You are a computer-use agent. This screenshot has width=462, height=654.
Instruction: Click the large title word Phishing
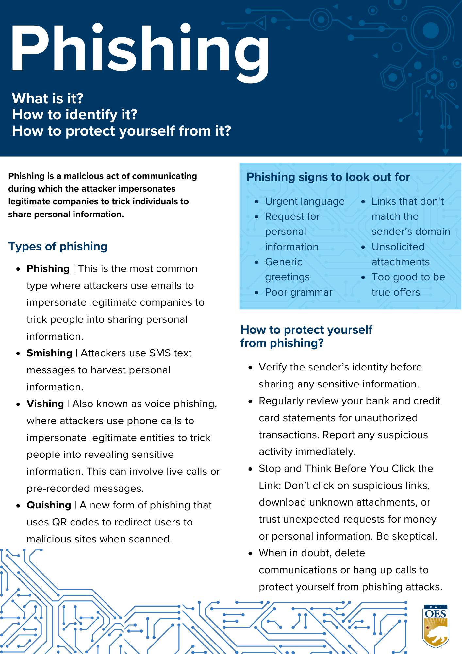point(140,49)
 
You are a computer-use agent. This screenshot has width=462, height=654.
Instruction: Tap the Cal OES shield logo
point(436,626)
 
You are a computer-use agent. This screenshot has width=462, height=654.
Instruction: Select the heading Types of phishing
point(58,246)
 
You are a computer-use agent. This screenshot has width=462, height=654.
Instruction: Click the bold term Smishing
point(49,353)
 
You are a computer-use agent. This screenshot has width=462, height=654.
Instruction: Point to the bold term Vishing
point(45,404)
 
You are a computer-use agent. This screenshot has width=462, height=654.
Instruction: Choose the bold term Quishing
point(49,505)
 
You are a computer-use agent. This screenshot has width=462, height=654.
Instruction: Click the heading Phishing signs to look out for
point(328,177)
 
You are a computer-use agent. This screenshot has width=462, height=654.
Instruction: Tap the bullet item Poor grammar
point(299,292)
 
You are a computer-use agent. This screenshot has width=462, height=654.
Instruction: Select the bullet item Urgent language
point(305,201)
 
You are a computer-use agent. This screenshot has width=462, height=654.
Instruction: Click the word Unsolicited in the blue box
point(398,247)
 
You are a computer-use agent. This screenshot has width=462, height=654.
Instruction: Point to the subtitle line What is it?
point(48,98)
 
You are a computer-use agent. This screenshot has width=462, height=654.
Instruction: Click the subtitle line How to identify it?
point(74,115)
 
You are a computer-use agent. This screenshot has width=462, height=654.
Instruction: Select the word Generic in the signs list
point(284,262)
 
